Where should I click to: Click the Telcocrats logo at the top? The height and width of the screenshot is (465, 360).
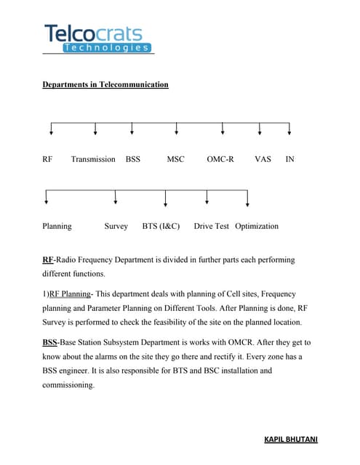tap(97, 38)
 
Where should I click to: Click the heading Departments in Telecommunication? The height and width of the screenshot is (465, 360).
tap(105, 85)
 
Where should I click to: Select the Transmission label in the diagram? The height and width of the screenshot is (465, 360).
tap(93, 158)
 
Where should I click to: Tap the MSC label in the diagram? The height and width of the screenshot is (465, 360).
tap(176, 158)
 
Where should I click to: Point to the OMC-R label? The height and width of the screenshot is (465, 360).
tap(220, 158)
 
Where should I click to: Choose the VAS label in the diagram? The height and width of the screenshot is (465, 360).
tap(263, 158)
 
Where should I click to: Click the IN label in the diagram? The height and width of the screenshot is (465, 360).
tap(289, 158)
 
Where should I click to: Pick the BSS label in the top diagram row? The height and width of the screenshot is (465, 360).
tap(132, 158)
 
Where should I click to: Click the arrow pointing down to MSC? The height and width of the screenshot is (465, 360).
tap(177, 129)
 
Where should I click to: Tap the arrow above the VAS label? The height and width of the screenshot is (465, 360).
tap(260, 129)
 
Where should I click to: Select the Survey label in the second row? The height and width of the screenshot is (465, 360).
tap(116, 226)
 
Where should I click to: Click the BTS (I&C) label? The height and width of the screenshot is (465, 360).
tap(161, 226)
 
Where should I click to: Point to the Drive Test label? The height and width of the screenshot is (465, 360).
tap(211, 226)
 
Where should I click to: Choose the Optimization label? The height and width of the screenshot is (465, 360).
tap(257, 226)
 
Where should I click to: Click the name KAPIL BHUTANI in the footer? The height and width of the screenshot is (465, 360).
tap(290, 440)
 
